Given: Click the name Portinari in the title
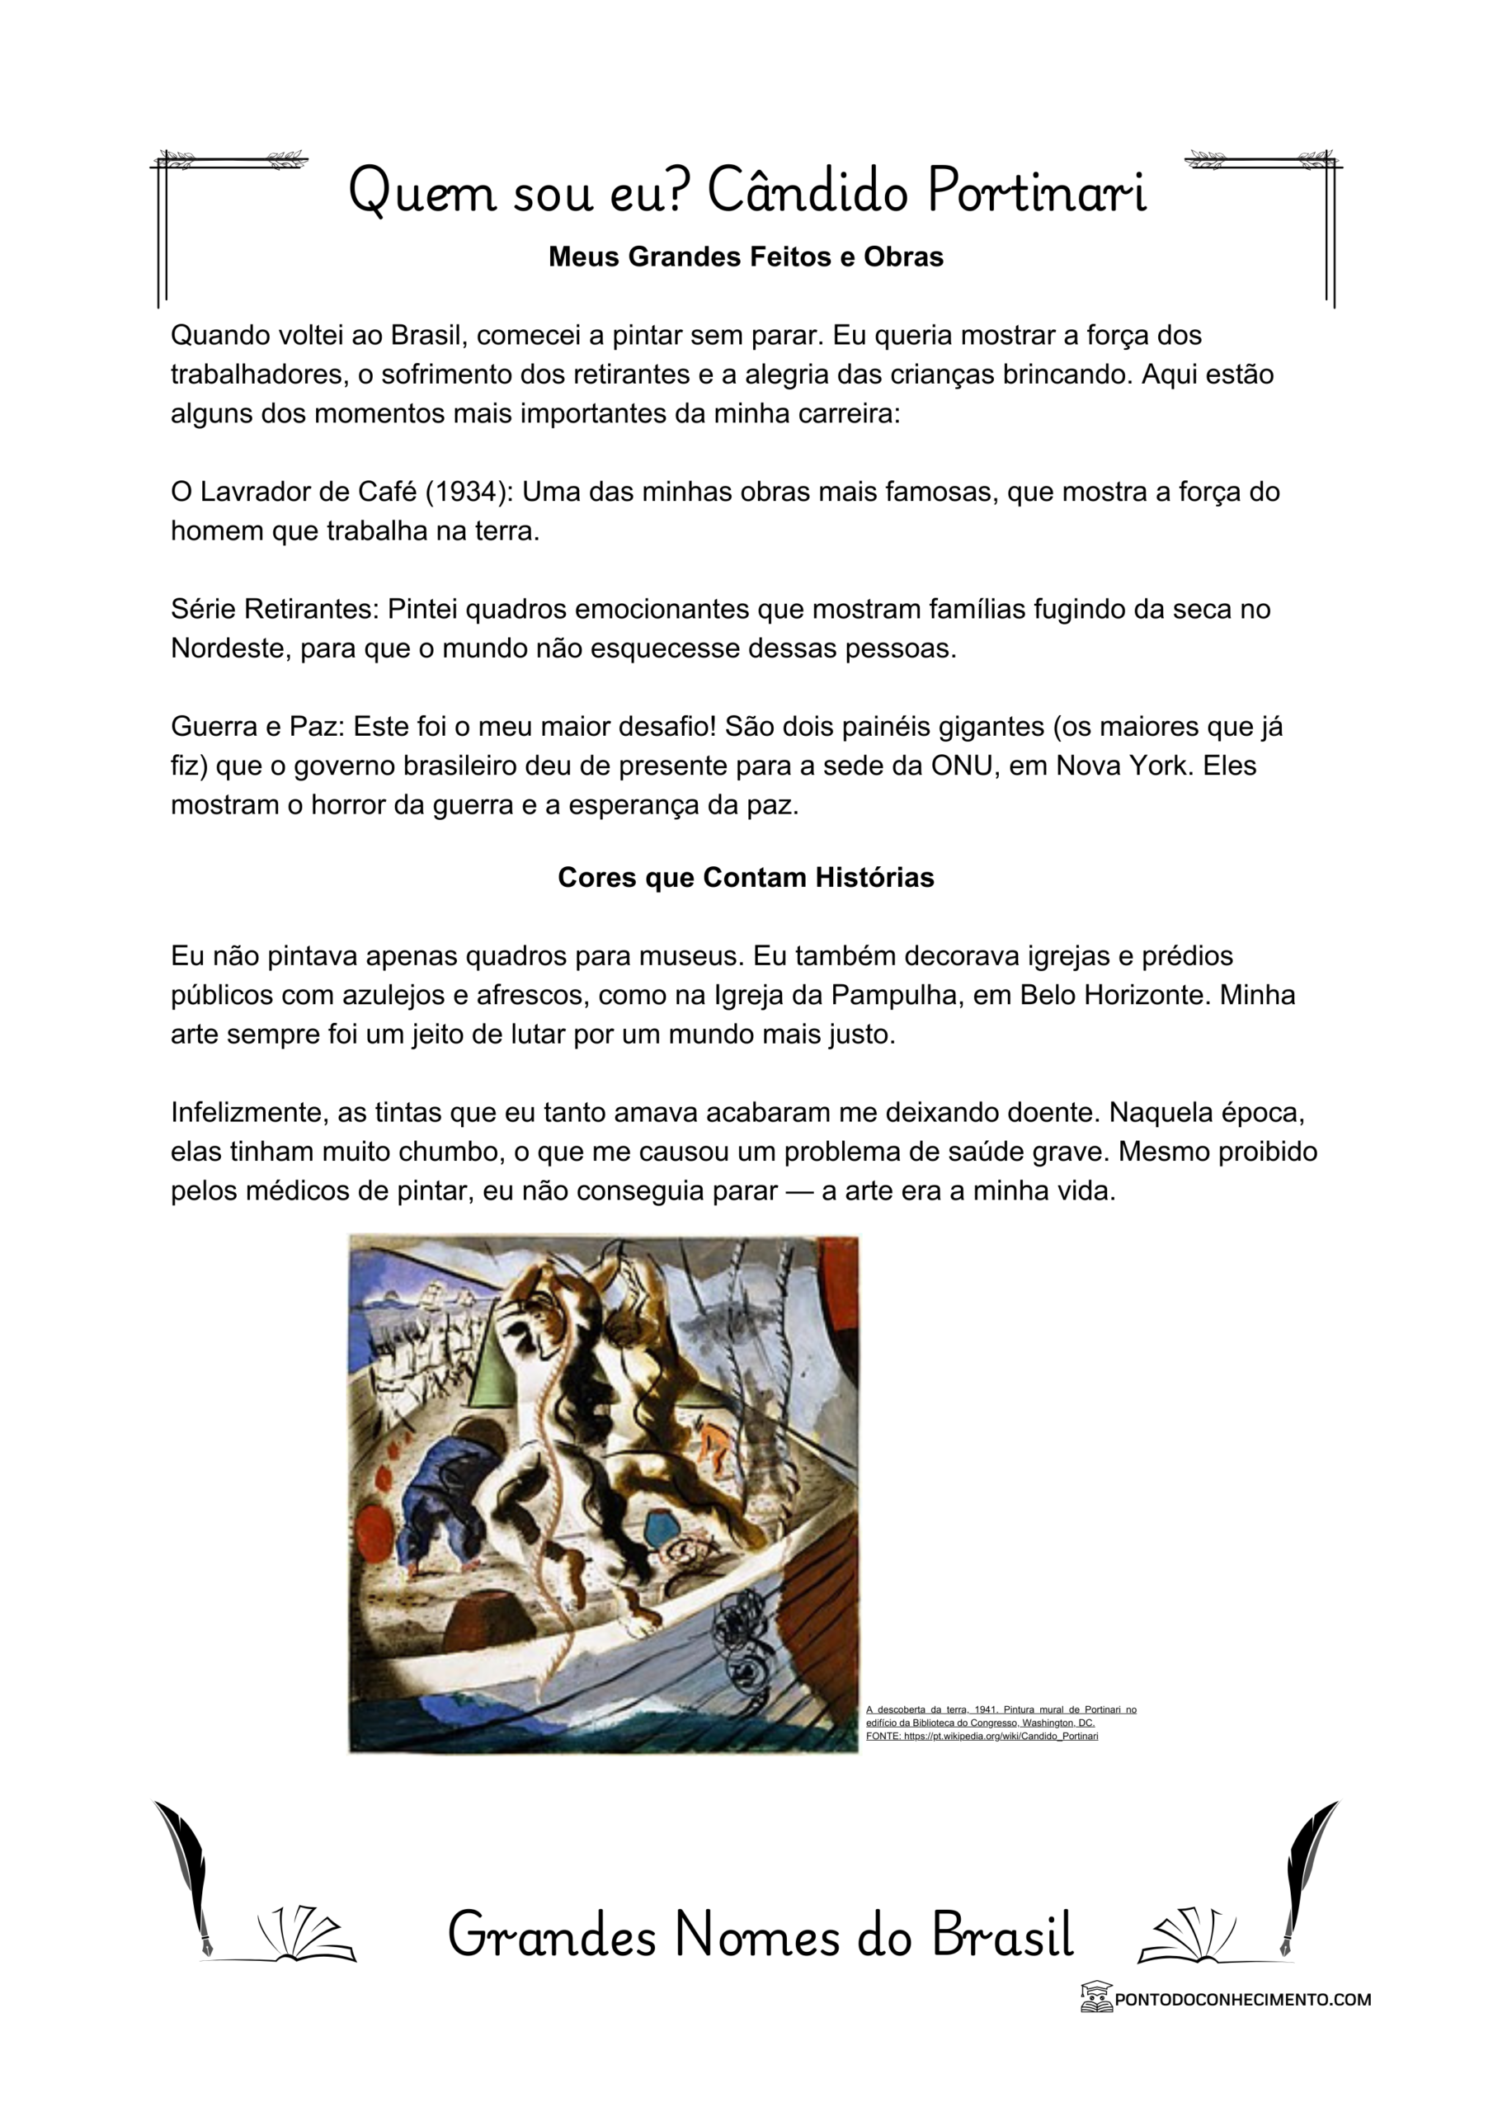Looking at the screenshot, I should pyautogui.click(x=1036, y=191).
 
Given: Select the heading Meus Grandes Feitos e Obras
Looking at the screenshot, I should pyautogui.click(x=745, y=257).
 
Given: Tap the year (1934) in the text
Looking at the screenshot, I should pyautogui.click(x=468, y=493).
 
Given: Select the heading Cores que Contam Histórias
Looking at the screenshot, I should pyautogui.click(x=745, y=878).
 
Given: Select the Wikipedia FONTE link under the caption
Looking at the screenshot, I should pyautogui.click(x=982, y=1736).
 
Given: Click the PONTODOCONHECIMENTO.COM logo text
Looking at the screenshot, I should pyautogui.click(x=1242, y=1999).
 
